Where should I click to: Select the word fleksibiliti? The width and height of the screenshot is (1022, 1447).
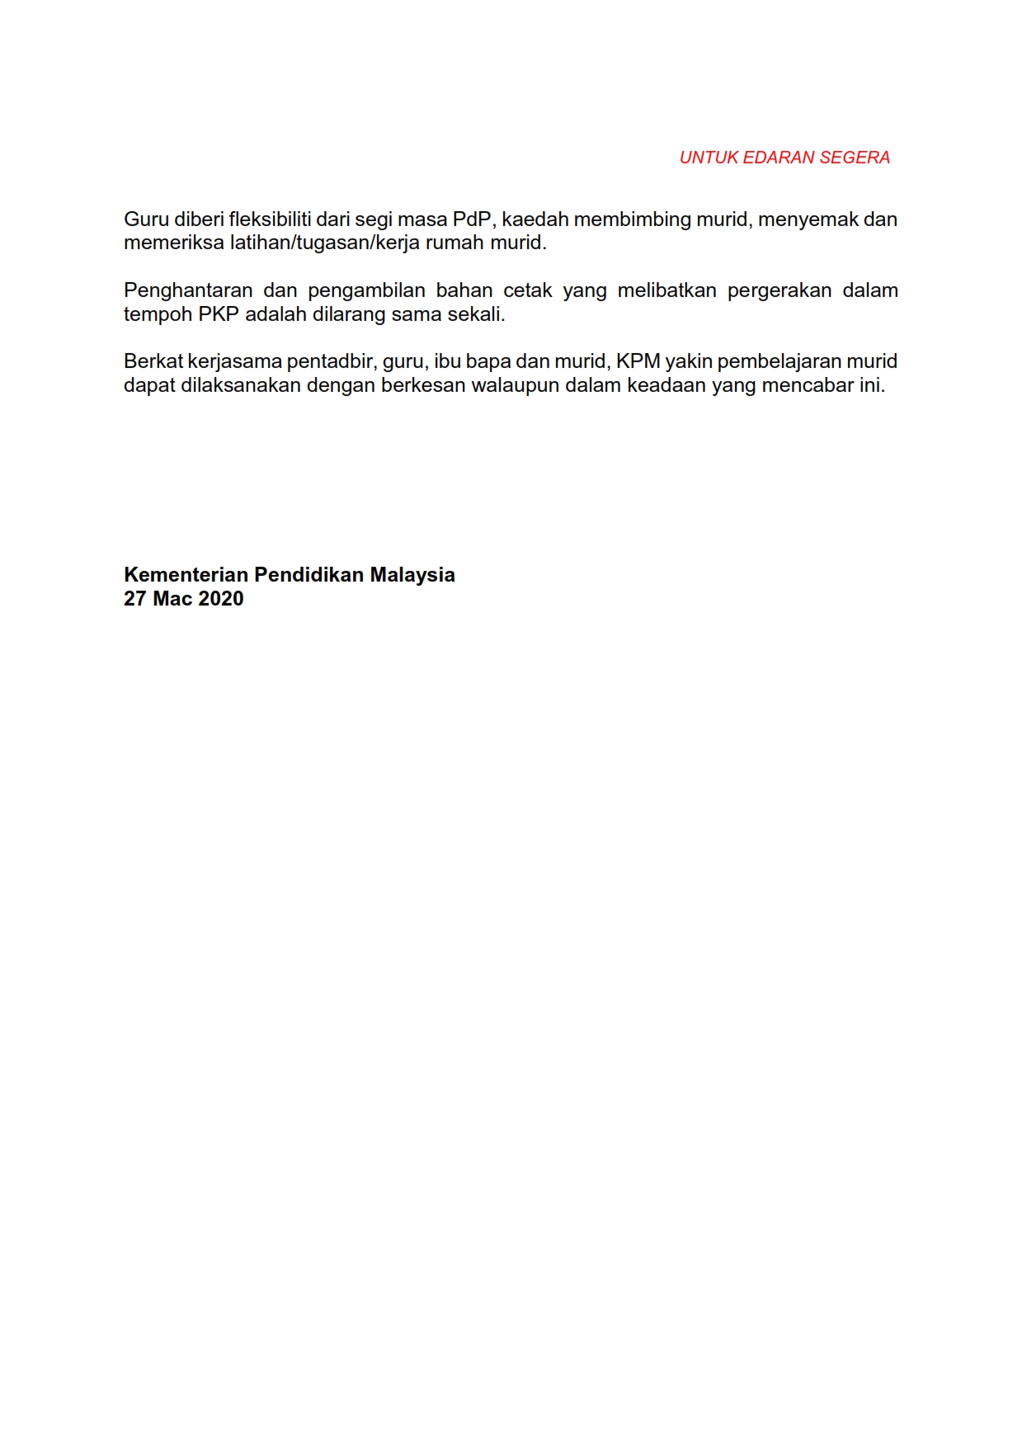(271, 219)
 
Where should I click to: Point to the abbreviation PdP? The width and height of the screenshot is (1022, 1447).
(473, 219)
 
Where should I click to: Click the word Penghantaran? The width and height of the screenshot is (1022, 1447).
(188, 290)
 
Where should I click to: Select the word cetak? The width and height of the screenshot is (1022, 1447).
(528, 290)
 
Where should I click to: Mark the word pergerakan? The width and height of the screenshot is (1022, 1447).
(779, 290)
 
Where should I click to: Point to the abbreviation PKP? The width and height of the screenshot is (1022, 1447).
(219, 314)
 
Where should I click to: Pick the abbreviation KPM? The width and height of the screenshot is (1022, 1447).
(638, 361)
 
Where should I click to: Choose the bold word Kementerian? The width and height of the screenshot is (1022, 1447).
(186, 575)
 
